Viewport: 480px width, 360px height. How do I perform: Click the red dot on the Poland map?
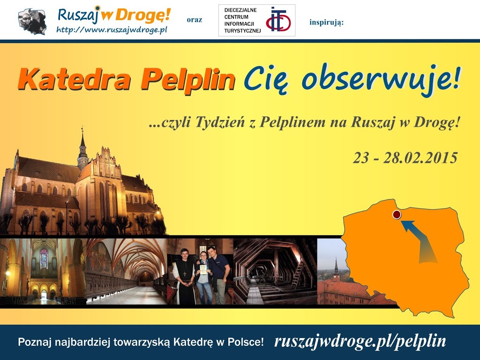click(x=397, y=215)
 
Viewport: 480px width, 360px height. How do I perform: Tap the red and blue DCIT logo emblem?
click(x=278, y=20)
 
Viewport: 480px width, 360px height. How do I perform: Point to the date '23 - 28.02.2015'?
click(x=405, y=158)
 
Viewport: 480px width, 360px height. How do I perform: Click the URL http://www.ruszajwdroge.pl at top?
click(x=112, y=30)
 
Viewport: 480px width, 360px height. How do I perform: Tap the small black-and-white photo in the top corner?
click(x=32, y=21)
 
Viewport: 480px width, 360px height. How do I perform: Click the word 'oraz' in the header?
click(x=195, y=20)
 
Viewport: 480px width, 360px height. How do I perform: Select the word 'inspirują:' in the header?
click(x=326, y=22)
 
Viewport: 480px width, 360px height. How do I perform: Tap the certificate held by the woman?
click(x=203, y=270)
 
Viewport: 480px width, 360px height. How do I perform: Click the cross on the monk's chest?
click(x=185, y=273)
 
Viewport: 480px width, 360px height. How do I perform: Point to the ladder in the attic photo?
click(x=297, y=275)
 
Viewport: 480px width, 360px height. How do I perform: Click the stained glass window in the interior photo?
click(x=44, y=259)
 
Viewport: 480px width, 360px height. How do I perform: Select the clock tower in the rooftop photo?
click(x=336, y=270)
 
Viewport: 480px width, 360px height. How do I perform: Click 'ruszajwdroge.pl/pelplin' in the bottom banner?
click(x=360, y=341)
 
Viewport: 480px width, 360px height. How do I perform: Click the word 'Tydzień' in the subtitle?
click(x=220, y=122)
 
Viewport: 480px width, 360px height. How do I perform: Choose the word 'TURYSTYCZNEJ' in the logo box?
click(x=242, y=30)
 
